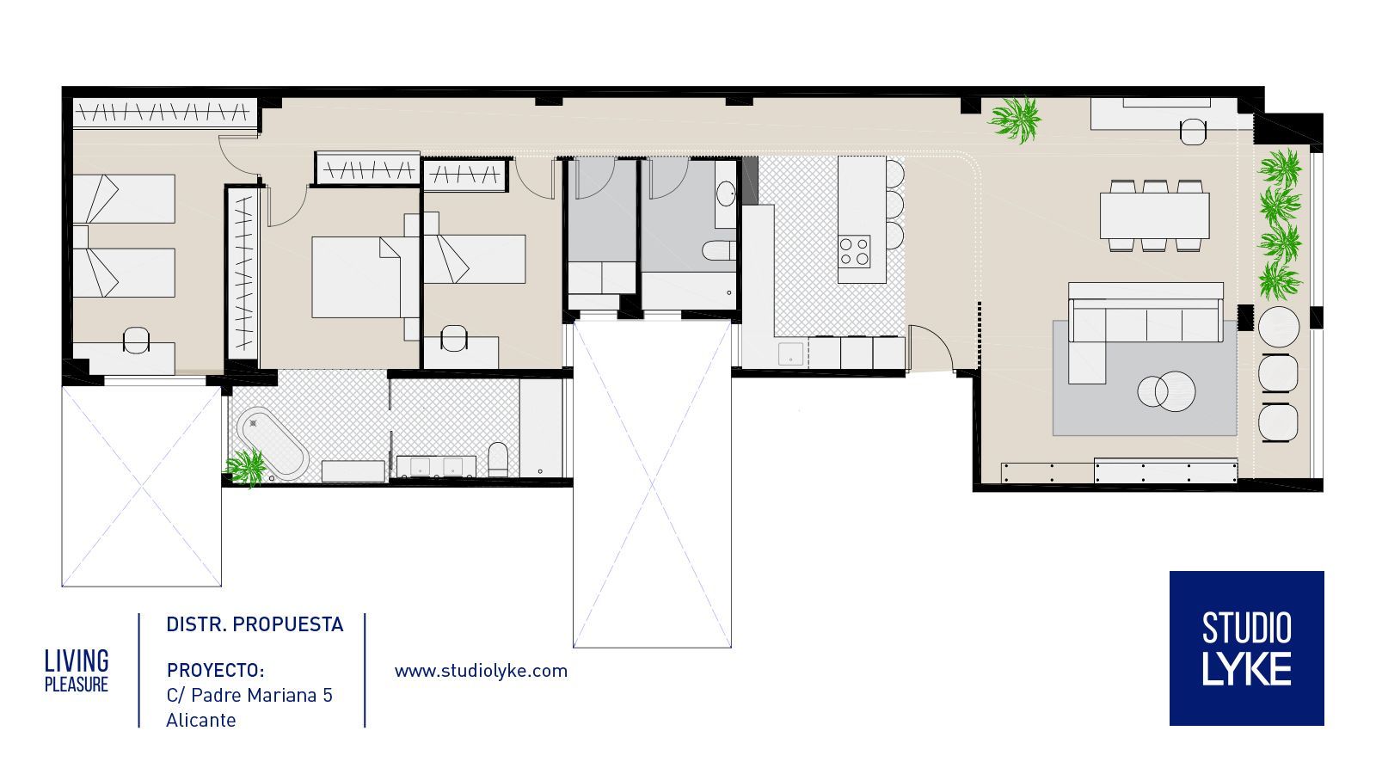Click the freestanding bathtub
pyautogui.click(x=273, y=444)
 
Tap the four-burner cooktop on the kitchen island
pyautogui.click(x=855, y=252)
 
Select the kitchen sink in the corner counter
pyautogui.click(x=790, y=354)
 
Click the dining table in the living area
pyautogui.click(x=1154, y=216)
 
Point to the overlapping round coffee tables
pyautogui.click(x=1166, y=391)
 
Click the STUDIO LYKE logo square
pyautogui.click(x=1246, y=648)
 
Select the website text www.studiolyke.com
pyautogui.click(x=481, y=671)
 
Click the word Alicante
pyautogui.click(x=201, y=720)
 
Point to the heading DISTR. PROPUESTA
pyautogui.click(x=255, y=624)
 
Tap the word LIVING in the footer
pyautogui.click(x=77, y=661)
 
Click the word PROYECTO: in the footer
pyautogui.click(x=216, y=670)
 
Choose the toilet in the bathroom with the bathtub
pyautogui.click(x=498, y=459)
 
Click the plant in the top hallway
pyautogui.click(x=1015, y=120)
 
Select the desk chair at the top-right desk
pyautogui.click(x=1193, y=132)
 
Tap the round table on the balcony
pyautogui.click(x=1279, y=327)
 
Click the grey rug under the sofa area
pyautogui.click(x=1145, y=378)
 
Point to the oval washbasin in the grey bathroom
pyautogui.click(x=726, y=193)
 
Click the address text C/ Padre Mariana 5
pyautogui.click(x=249, y=696)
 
